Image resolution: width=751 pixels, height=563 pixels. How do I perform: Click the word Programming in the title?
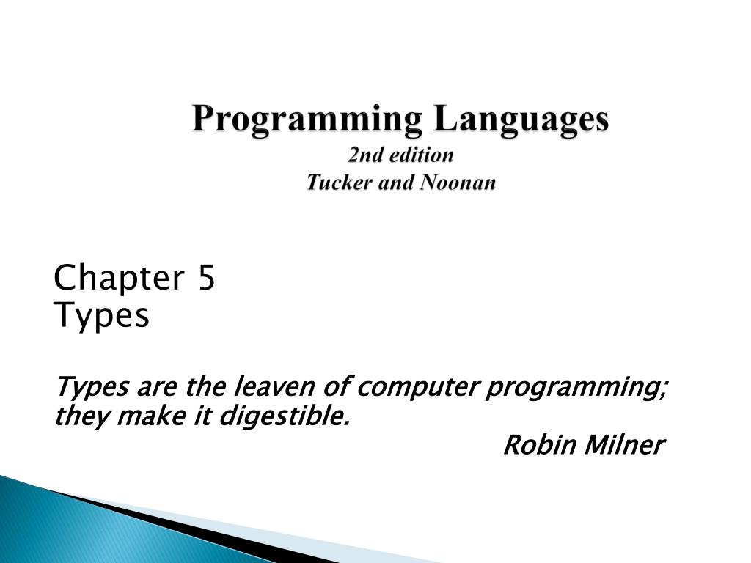[307, 119]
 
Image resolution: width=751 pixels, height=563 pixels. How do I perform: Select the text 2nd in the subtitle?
[362, 155]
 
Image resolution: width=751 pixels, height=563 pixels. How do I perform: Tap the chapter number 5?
[206, 279]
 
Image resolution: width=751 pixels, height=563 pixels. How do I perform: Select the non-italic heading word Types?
[102, 316]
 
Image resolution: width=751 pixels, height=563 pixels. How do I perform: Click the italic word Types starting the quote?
[92, 386]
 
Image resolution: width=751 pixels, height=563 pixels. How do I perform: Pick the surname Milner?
[624, 444]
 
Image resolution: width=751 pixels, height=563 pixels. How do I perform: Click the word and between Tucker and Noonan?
[397, 182]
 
